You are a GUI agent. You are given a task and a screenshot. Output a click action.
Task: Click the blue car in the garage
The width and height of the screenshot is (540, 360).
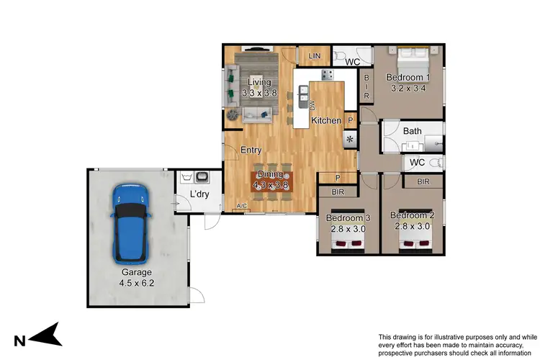click(132, 223)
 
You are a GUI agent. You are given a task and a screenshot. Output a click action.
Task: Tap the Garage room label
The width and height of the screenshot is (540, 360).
click(135, 272)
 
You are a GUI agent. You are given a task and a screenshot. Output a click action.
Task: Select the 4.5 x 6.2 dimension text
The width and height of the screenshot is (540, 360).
click(136, 283)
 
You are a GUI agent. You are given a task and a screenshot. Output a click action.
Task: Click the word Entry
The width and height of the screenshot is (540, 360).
click(251, 150)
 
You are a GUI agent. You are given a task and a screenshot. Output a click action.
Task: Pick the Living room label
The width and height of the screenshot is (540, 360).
click(259, 83)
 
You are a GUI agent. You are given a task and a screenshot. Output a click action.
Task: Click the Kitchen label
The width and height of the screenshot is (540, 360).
click(325, 120)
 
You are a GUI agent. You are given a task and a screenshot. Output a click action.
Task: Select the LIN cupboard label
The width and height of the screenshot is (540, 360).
click(314, 56)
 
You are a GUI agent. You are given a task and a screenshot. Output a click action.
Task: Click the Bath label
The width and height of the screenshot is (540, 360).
click(412, 131)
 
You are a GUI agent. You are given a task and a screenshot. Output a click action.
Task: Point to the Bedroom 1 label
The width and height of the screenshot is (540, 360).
click(408, 78)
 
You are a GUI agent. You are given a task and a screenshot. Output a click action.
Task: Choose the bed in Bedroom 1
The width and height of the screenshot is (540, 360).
click(410, 56)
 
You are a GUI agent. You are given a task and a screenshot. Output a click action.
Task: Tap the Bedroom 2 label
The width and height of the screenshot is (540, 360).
click(413, 215)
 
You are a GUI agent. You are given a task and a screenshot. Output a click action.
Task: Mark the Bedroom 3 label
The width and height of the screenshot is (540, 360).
click(348, 218)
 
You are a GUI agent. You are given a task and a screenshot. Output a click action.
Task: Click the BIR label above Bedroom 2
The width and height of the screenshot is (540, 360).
click(423, 182)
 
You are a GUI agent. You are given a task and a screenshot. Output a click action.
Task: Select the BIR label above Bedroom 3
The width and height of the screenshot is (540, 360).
click(338, 192)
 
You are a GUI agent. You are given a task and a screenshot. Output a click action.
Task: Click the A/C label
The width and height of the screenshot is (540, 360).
click(243, 207)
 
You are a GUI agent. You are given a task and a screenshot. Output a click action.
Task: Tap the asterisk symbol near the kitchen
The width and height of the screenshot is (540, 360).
click(351, 139)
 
